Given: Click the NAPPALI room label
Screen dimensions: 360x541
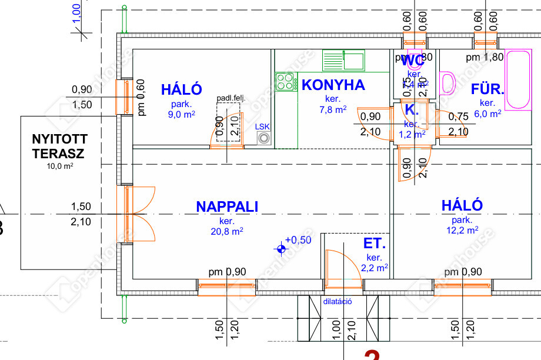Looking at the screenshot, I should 227,206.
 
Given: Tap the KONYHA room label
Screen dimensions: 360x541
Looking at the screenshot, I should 333,85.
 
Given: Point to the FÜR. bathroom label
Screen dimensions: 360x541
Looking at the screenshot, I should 487,90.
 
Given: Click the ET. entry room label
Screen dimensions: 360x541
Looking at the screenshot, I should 375,244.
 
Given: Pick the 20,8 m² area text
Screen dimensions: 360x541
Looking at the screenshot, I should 227,232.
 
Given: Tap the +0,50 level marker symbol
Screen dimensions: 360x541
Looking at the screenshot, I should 282,249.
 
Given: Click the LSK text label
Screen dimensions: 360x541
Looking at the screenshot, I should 262,126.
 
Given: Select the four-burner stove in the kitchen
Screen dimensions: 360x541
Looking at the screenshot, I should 285,82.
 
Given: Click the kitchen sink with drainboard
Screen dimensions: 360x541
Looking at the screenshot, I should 343,60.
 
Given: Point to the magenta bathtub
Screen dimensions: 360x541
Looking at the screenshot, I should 519,79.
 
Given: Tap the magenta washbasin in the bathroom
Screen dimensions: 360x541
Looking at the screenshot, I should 448,83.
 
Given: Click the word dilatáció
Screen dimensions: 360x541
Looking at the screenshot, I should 338,302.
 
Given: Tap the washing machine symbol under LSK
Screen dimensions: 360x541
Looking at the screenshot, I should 264,139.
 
